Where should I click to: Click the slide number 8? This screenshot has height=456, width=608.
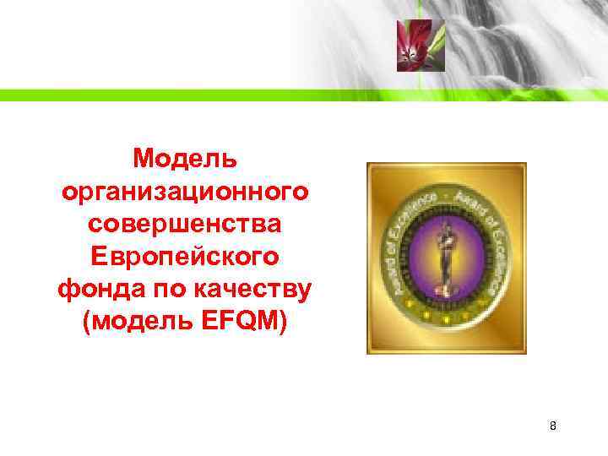pos(552,426)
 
